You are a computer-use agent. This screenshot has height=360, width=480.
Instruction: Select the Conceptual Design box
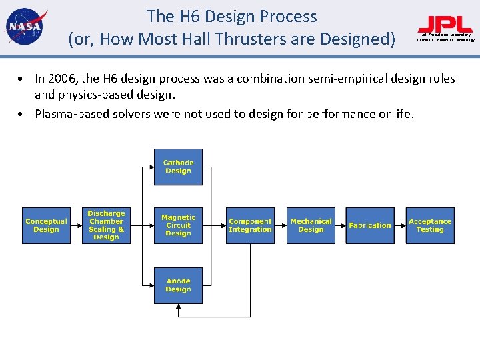(x=46, y=225)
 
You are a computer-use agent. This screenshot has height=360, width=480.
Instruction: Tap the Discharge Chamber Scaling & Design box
(x=106, y=225)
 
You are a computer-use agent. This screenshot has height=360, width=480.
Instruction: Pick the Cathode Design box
(x=178, y=167)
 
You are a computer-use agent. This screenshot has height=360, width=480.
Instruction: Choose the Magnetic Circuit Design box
(x=178, y=225)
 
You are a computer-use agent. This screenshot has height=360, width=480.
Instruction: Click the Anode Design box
(x=178, y=285)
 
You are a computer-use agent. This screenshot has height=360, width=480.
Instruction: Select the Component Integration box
(x=250, y=225)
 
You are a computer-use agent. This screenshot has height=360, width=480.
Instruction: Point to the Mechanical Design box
(x=311, y=225)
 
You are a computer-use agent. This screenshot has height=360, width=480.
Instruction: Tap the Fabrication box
(x=370, y=225)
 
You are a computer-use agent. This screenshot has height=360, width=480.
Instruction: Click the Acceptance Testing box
(x=430, y=225)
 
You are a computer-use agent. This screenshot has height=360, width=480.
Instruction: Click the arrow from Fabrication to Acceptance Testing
(x=400, y=225)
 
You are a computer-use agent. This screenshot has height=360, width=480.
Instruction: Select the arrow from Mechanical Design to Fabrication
(x=340, y=225)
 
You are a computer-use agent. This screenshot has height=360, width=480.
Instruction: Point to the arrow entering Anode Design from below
(x=178, y=308)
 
